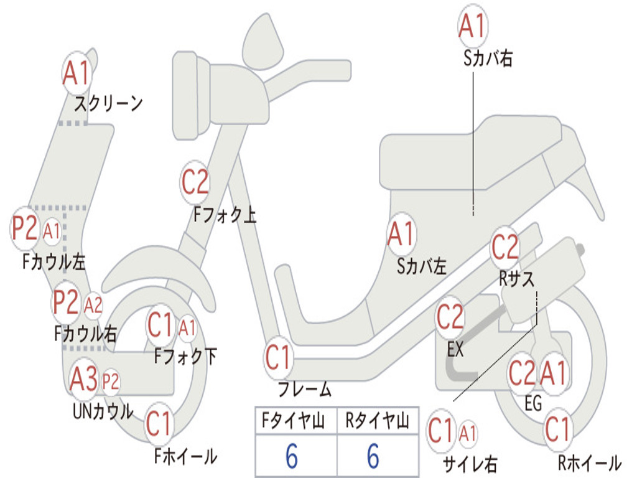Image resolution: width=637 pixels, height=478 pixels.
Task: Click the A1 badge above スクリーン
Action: pos(77,73)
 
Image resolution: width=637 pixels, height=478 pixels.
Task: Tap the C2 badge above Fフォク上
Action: pos(195,182)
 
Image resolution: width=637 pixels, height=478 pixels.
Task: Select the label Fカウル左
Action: pos(53,262)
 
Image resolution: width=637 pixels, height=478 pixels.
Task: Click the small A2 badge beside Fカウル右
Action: pos(93,305)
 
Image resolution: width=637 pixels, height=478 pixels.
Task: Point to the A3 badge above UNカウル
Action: pos(84,379)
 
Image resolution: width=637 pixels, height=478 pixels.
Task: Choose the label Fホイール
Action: pos(185,456)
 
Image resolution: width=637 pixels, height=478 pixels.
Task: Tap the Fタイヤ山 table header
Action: pos(293,420)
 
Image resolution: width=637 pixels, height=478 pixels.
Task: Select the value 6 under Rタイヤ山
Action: pos(373,456)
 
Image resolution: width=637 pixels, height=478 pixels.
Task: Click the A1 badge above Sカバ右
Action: pos(473,26)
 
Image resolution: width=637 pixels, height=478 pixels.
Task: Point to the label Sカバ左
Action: pos(421,266)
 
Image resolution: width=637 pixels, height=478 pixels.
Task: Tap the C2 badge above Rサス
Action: pos(505,246)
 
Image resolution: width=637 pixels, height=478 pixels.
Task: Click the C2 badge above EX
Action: pos(450,317)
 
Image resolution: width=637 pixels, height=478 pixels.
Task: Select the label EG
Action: pos(533,403)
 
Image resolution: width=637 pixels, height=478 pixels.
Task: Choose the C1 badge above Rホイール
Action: pos(558,429)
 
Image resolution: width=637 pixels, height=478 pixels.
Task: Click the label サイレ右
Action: pos(470,464)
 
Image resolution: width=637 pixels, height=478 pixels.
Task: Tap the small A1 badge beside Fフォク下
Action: pos(187,327)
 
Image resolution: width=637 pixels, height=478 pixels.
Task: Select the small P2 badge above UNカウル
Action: pos(111,382)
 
